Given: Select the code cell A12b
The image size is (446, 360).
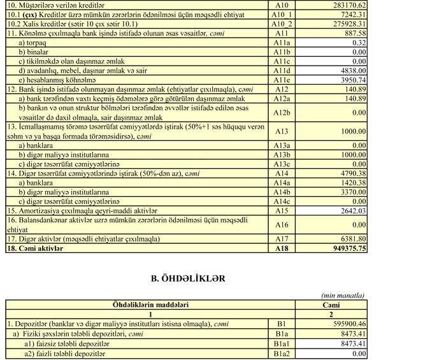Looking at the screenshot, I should [281, 113].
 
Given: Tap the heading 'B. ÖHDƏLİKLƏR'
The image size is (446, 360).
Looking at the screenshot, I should [188, 278].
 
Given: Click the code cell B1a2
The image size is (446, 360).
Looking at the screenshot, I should [281, 354].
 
